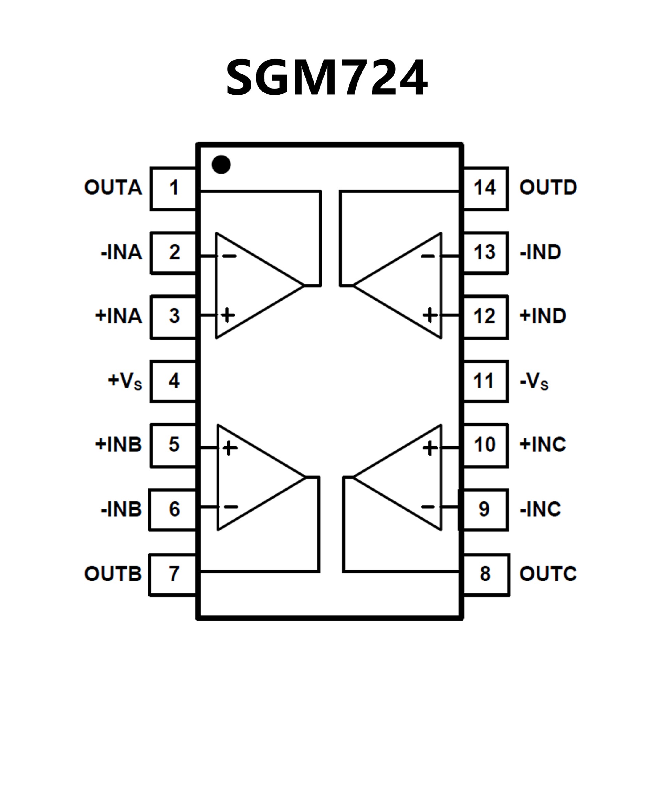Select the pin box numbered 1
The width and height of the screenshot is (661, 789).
point(173,188)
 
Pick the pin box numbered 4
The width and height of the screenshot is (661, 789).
point(173,381)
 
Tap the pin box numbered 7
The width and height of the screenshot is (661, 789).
point(172,575)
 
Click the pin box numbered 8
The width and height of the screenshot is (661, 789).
point(486,575)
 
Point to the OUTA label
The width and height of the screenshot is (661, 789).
point(113,187)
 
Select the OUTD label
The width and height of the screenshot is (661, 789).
point(548,187)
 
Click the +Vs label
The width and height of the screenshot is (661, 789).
point(125,381)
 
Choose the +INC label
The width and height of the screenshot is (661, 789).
point(543,445)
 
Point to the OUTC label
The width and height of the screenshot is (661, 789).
point(548,574)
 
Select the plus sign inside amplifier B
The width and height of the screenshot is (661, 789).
point(230,448)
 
